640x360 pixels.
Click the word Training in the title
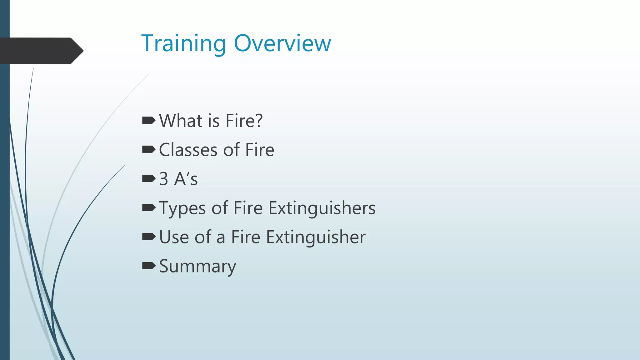click(x=183, y=44)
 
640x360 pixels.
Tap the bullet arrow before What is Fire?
click(x=148, y=120)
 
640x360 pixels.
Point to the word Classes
click(x=188, y=150)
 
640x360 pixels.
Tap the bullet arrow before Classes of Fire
click(x=148, y=149)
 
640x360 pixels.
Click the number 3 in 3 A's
click(x=164, y=179)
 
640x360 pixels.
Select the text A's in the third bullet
click(x=186, y=179)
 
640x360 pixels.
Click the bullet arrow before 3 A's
click(x=148, y=178)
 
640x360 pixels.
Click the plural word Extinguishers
click(x=322, y=208)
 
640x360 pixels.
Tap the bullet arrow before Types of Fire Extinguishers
click(x=148, y=207)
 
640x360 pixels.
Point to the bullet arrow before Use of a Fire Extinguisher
click(x=148, y=237)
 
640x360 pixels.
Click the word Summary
click(x=197, y=267)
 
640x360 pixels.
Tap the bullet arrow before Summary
click(x=148, y=266)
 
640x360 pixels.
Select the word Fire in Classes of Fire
click(x=259, y=150)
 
